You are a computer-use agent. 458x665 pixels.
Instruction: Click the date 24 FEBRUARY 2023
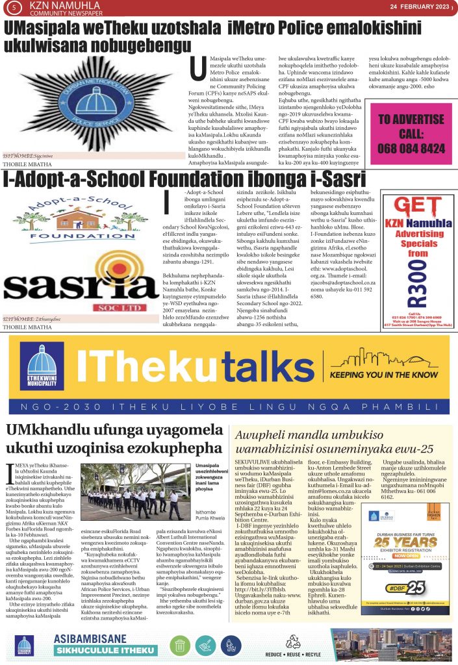[418, 6]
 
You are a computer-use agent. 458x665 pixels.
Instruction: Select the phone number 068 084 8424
[411, 148]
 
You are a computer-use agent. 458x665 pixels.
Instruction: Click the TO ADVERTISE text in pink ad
[411, 119]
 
